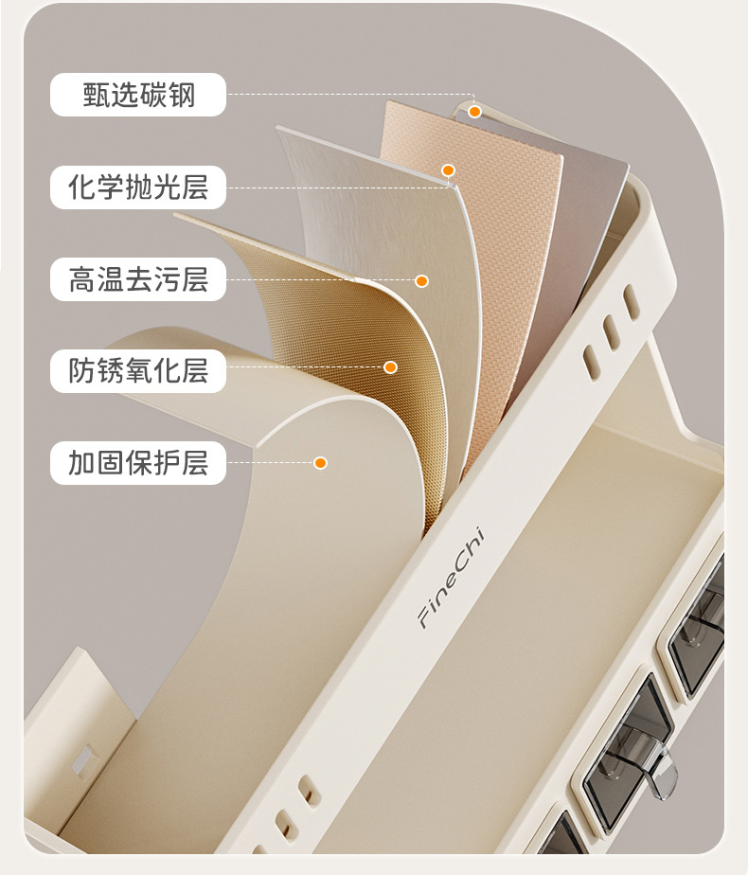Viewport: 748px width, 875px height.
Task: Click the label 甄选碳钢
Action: pos(138,95)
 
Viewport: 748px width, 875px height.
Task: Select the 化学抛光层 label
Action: pos(138,187)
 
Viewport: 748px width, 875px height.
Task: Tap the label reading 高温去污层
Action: pos(138,279)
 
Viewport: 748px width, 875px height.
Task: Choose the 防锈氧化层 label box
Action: pos(138,370)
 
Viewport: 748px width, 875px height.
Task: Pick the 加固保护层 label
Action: pos(138,463)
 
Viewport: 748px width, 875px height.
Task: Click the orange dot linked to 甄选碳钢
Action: pos(475,112)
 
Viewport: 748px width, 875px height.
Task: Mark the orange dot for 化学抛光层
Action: pos(449,170)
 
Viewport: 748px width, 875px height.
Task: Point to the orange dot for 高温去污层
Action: pos(422,281)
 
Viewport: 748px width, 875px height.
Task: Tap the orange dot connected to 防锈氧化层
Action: pos(390,366)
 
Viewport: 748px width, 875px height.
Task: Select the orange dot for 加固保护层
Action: pos(321,463)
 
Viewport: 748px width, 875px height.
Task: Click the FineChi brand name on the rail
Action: pos(451,591)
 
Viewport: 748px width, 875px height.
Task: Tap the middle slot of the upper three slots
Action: pos(611,330)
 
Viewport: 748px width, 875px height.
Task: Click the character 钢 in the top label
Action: pos(182,95)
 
